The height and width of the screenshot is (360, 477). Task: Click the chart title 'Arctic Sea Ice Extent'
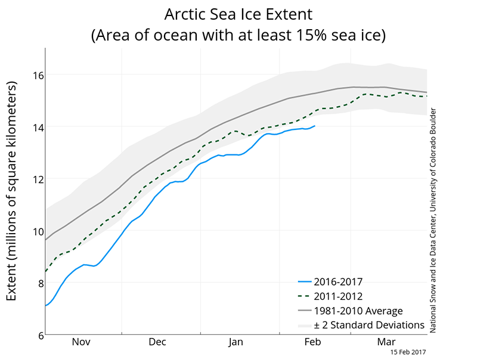tap(238, 13)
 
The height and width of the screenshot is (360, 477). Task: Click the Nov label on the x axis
tap(82, 342)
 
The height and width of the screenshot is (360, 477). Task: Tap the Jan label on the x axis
tap(236, 342)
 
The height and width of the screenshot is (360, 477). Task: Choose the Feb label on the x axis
tap(312, 342)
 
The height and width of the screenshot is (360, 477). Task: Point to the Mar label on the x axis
tap(387, 342)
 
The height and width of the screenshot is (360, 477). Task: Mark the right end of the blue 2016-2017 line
tap(315, 126)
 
